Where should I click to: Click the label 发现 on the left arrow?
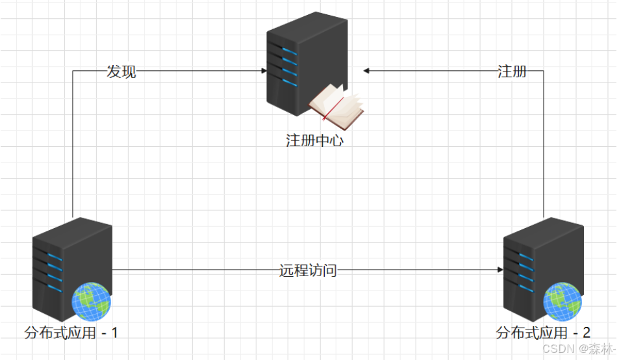click(x=121, y=71)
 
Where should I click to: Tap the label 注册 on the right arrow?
click(x=512, y=71)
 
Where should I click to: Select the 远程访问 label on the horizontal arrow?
click(x=309, y=270)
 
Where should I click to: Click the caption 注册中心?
click(x=314, y=140)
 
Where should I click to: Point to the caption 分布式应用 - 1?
click(x=71, y=333)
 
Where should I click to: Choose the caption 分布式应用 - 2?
click(x=543, y=333)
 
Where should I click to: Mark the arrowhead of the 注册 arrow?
click(x=366, y=71)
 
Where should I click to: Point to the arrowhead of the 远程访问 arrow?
click(x=500, y=270)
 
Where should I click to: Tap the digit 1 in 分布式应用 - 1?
click(x=114, y=333)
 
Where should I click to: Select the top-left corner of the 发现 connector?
click(x=73, y=71)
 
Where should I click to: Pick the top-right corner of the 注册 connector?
click(x=544, y=71)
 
